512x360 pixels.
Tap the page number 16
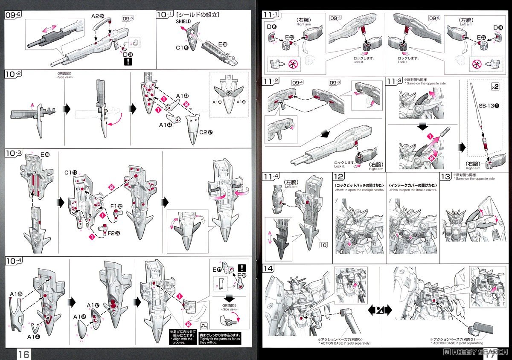[23, 354]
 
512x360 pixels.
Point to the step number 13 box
[445, 177]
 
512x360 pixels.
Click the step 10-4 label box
[14, 261]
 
